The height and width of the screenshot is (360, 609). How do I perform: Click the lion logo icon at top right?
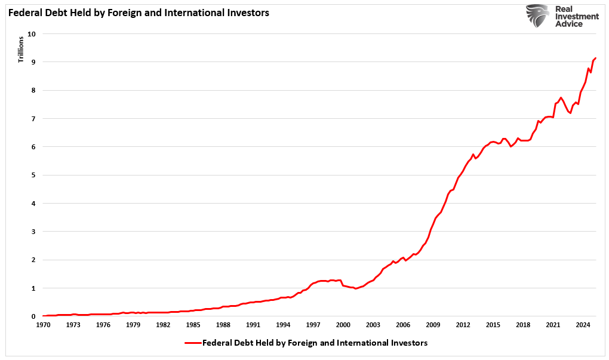(538, 17)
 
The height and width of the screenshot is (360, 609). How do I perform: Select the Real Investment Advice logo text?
(576, 17)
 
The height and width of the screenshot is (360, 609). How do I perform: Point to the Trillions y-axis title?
(20, 50)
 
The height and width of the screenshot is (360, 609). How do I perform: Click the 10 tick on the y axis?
(32, 34)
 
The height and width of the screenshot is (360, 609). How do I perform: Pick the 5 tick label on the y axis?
(34, 175)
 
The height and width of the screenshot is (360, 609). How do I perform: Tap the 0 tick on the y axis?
(34, 316)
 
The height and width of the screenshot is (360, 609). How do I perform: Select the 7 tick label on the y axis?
(34, 119)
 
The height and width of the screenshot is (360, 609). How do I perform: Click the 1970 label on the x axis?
(43, 325)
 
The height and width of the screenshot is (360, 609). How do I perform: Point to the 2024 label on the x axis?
(583, 325)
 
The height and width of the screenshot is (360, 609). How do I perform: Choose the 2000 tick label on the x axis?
(343, 325)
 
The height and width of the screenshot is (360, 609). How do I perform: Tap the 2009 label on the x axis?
(433, 325)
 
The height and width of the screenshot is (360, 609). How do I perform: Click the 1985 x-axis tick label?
(193, 325)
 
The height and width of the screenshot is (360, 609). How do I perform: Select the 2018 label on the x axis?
(522, 325)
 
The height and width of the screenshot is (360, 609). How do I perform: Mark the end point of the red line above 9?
(596, 58)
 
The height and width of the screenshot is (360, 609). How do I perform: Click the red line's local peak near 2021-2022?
(561, 97)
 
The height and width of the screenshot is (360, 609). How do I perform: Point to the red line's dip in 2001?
(356, 289)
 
